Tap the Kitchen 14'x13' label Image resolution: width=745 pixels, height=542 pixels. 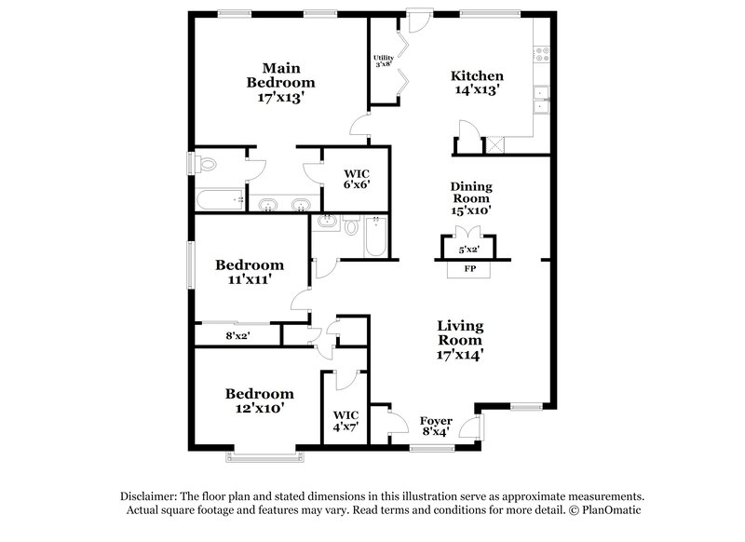pos(477,83)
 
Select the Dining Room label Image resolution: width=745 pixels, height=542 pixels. pos(471,198)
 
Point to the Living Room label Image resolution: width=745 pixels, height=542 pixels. pos(460,339)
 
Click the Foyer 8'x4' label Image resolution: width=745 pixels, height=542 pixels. pos(436,426)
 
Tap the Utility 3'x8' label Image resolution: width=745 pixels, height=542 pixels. pos(384,61)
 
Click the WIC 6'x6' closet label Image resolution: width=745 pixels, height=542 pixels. pos(357,179)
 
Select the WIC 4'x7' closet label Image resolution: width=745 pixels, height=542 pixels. pos(345,420)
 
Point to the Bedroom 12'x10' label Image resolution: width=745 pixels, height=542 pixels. pos(259,400)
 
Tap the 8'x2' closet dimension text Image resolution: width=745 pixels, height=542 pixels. pos(238,335)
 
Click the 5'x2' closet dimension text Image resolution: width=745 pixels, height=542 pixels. pos(470,251)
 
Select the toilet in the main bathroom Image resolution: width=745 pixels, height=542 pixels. pos(207,165)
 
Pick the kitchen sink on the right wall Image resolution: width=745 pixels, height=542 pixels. pos(540,99)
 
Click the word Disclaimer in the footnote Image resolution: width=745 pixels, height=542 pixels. pos(150,496)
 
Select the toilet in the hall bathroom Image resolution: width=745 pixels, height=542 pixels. pos(351,226)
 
